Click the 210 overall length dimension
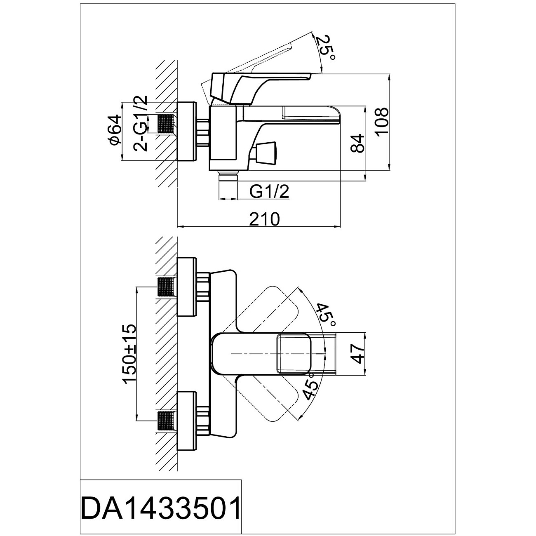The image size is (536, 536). coord(264,219)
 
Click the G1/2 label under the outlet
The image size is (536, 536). coord(269,192)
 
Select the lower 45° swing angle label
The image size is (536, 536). coord(311,386)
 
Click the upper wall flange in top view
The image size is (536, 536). coord(187,287)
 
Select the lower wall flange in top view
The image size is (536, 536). coord(187,421)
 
